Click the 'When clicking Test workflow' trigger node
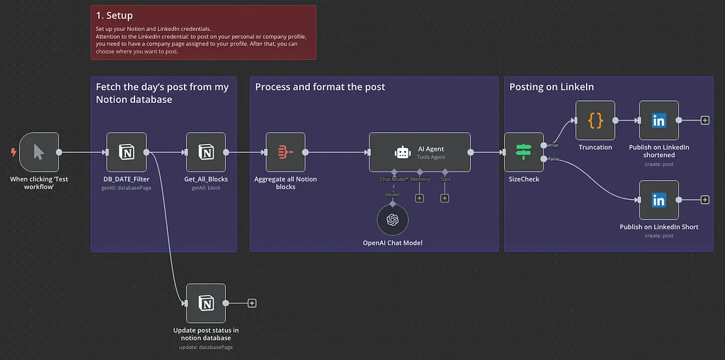pos(39,152)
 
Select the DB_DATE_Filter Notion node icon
pos(127,152)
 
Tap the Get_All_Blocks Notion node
pos(206,152)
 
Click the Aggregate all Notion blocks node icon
pos(285,152)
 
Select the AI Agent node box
pos(420,152)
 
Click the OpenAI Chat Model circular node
pos(393,220)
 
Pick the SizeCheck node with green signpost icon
pos(523,152)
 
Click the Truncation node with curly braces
pos(595,121)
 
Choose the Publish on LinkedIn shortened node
pos(658,121)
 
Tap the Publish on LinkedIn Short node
pos(658,200)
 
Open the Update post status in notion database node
pos(206,303)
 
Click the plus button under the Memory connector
pos(419,198)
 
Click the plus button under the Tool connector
pos(445,198)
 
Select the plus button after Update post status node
pos(252,303)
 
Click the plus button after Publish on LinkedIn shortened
pos(705,121)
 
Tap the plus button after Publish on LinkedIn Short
pos(705,200)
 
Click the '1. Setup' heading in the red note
pos(114,15)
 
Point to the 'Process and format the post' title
pos(320,87)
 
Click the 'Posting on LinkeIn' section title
pos(551,87)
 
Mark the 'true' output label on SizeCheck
pos(552,145)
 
